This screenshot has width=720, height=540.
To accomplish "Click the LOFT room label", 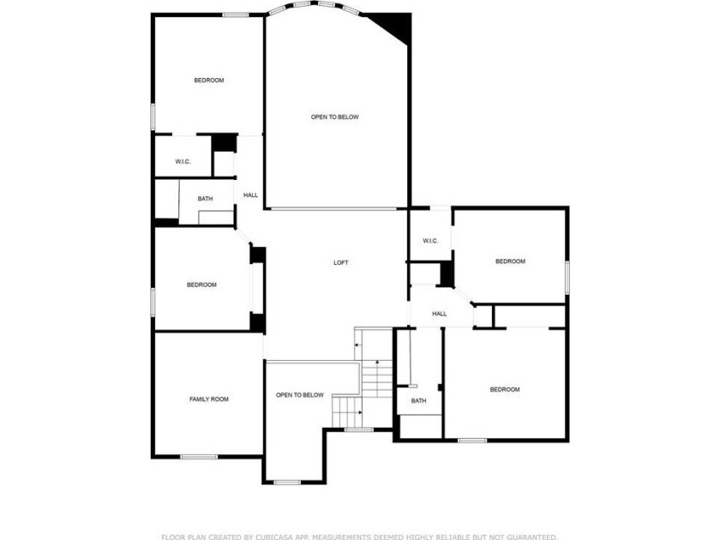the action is point(341,262).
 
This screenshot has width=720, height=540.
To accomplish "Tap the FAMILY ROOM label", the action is point(209,399).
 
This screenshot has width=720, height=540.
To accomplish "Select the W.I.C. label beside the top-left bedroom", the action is point(183,162).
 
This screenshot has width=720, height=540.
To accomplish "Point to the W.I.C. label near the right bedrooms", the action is point(430,241).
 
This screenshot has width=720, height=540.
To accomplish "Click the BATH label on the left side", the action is point(205,199).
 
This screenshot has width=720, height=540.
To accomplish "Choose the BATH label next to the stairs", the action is point(419,401).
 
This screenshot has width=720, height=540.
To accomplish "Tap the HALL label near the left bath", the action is point(250,195).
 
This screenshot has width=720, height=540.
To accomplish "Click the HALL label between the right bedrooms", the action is point(440,314).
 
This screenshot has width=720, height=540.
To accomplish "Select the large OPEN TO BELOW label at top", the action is point(335,117).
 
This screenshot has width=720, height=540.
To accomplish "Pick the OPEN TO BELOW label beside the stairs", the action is point(300,395).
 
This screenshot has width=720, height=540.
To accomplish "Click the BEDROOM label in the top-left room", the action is point(209,81).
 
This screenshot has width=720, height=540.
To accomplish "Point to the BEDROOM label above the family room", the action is point(201,285).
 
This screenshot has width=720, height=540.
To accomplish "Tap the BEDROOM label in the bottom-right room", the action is point(505,389).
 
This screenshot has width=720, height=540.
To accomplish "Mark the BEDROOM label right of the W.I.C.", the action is point(510,261).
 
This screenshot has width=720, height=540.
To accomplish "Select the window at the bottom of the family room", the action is point(199,456).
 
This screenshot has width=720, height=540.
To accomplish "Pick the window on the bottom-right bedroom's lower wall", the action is point(472,441).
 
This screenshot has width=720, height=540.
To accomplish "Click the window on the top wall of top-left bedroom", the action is point(236,15).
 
